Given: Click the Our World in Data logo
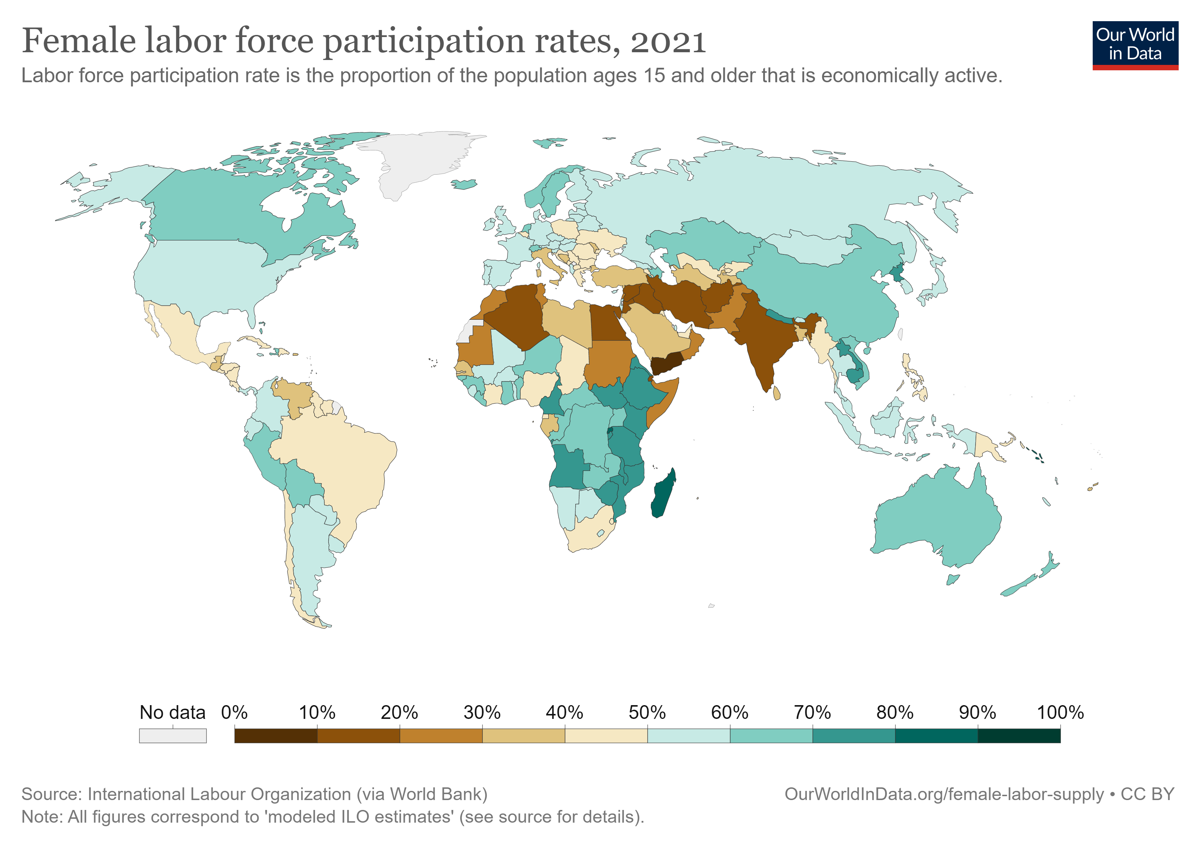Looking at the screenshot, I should [x=1135, y=45].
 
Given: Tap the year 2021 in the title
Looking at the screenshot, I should [x=668, y=42].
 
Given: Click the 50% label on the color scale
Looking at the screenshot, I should [x=647, y=712].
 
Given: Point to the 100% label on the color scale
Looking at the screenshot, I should [x=1060, y=712].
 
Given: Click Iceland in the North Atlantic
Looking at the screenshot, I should [x=464, y=184].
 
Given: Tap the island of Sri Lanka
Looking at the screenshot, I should [x=777, y=392].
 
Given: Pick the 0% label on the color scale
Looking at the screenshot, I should [x=234, y=712].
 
